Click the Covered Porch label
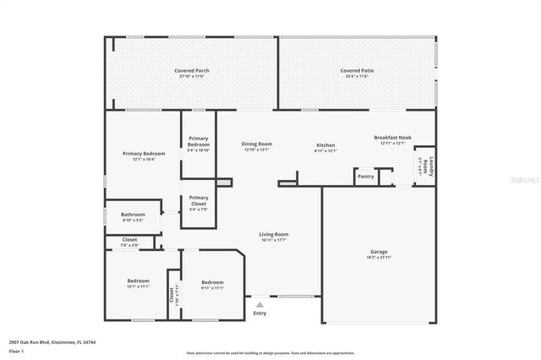(x=192, y=70)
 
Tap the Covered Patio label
(x=357, y=70)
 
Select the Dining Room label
(x=256, y=145)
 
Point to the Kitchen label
(x=325, y=145)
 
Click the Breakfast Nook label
(x=392, y=138)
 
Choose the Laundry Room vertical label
(x=430, y=166)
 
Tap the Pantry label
(x=365, y=177)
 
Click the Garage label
(x=379, y=251)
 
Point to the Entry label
(x=260, y=314)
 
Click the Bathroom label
(x=133, y=215)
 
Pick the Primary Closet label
(x=199, y=200)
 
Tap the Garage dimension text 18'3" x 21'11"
(x=379, y=258)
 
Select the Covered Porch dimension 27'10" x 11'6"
(x=192, y=77)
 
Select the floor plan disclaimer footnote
(x=270, y=352)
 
